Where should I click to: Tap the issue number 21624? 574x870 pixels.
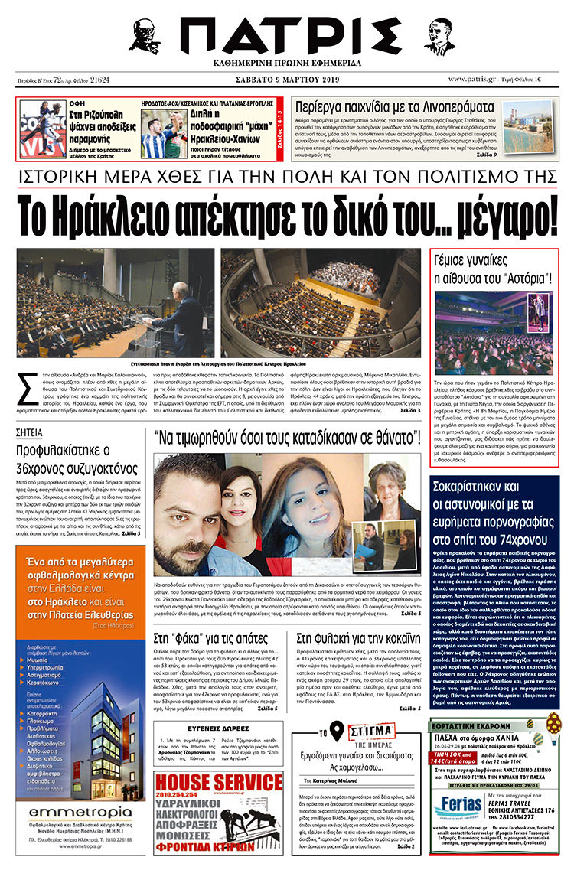pyautogui.click(x=99, y=79)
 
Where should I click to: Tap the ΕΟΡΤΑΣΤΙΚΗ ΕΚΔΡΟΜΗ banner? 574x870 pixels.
pyautogui.click(x=468, y=708)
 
